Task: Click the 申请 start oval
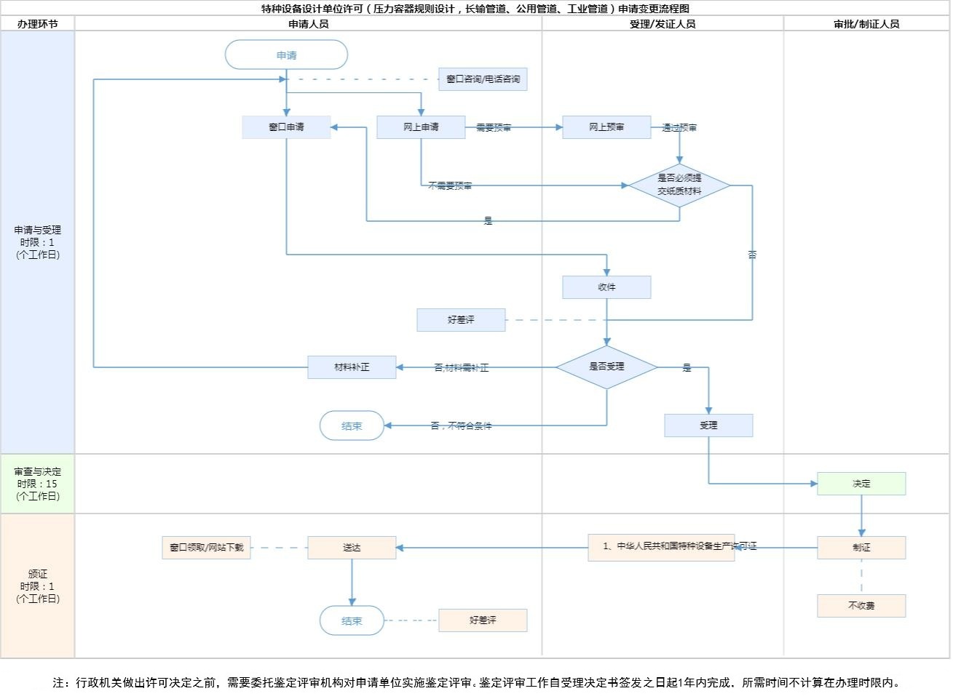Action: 286,55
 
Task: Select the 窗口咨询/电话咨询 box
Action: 483,79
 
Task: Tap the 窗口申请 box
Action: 286,127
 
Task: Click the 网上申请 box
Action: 421,127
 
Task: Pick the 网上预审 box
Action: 606,127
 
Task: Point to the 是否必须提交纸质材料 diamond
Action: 679,185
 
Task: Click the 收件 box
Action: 606,287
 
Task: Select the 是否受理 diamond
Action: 606,367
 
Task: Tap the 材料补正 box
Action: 352,367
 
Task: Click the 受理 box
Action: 708,426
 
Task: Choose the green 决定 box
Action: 861,484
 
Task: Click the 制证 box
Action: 861,548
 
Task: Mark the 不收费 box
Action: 861,606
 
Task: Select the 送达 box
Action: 352,548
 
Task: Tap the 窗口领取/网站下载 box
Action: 206,548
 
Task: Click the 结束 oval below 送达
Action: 352,621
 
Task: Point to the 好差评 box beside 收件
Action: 461,320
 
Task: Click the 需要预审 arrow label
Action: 494,128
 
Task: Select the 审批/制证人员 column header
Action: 866,24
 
